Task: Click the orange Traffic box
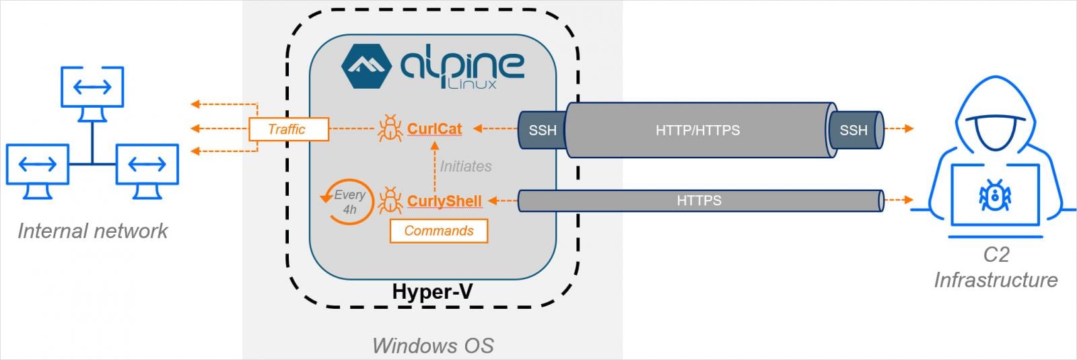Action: pos(288,129)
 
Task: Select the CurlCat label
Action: pos(434,129)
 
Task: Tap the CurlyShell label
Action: pos(444,201)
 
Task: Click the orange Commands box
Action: pos(438,231)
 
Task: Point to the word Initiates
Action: pos(465,166)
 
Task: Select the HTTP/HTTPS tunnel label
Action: pos(697,130)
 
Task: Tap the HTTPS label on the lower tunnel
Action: pos(699,201)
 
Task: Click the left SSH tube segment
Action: pos(541,130)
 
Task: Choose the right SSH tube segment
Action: pos(854,130)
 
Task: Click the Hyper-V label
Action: pos(431,292)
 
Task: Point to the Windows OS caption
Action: pos(433,346)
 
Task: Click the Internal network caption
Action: pos(92,231)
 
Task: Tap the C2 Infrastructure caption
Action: pos(996,267)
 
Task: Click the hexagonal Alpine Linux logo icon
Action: pos(366,67)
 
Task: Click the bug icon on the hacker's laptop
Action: pos(994,194)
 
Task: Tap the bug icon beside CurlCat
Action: pos(390,129)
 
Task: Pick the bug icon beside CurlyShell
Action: pos(390,201)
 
